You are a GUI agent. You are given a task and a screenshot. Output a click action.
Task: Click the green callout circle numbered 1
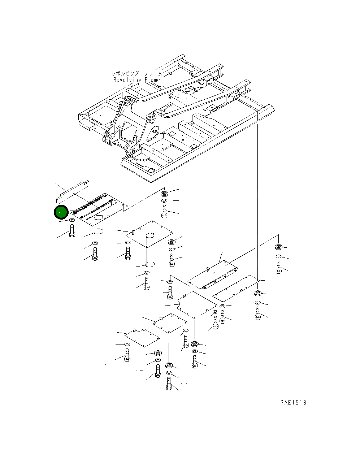coord(61,212)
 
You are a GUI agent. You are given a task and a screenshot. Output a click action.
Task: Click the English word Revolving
coord(127,80)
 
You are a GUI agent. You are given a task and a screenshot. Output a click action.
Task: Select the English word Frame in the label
coord(152,80)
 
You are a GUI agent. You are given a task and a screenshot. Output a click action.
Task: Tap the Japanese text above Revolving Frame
coord(136,74)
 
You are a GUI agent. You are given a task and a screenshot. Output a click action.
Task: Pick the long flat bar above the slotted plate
coord(73,192)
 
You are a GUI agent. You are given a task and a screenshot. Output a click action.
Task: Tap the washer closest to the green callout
coord(71,220)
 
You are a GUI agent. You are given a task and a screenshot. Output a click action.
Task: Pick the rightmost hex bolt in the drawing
coord(278,267)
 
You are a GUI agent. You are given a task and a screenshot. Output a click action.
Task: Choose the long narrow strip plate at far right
coord(236,289)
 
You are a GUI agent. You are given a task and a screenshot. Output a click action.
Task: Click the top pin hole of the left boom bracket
coord(127,102)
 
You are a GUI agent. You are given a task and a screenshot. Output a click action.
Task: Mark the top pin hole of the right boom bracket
coord(152,117)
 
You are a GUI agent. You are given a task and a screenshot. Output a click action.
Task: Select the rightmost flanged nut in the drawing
coord(278,247)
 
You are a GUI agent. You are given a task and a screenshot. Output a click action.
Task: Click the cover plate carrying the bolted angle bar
coord(212,275)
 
